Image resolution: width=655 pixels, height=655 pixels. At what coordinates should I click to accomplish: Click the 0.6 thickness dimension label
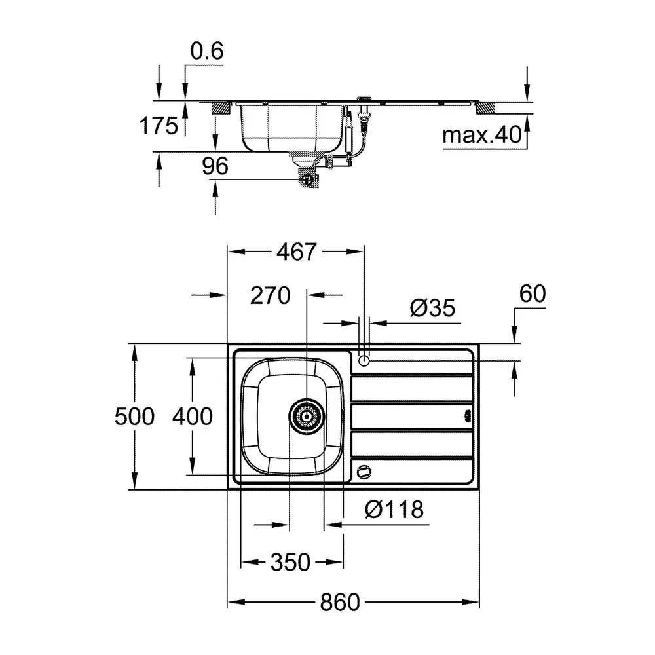[x=207, y=51]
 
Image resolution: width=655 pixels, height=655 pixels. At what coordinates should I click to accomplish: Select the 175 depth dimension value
[x=159, y=125]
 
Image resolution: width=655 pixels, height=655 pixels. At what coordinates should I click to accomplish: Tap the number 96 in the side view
[x=215, y=166]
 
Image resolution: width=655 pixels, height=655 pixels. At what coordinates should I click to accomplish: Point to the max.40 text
[x=482, y=134]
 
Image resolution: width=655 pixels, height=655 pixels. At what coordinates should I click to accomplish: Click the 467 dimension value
[x=297, y=252]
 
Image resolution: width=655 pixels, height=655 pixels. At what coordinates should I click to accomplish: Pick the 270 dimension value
[x=271, y=296]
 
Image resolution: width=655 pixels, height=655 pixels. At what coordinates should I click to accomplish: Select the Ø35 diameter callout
[x=432, y=309]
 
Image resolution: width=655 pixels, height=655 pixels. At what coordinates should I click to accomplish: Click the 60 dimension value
[x=532, y=293]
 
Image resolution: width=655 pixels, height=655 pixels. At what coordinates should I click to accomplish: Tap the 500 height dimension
[x=134, y=417]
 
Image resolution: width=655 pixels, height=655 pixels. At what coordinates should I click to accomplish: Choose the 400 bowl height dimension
[x=193, y=417]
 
